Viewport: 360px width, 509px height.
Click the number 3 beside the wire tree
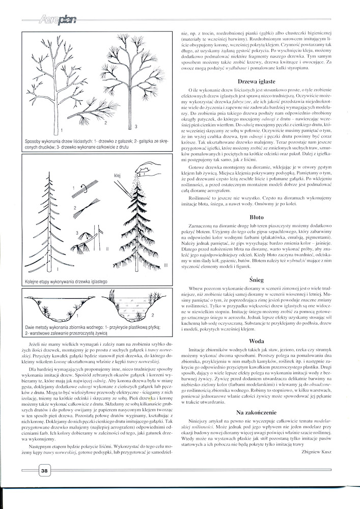[x=136, y=126]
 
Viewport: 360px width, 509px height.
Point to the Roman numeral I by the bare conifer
[x=58, y=269]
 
